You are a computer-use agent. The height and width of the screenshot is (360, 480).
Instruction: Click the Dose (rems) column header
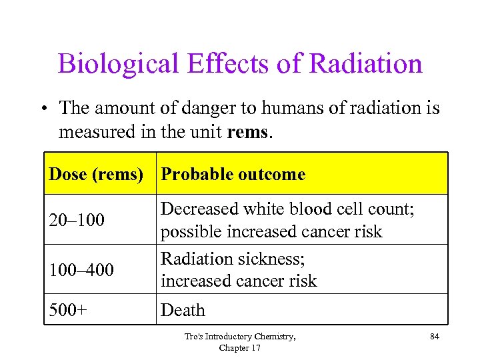(96, 175)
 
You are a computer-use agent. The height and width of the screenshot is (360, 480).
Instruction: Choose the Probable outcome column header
(233, 175)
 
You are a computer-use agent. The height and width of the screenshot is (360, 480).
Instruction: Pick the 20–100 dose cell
(77, 220)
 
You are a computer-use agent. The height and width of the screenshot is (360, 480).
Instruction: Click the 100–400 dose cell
(81, 270)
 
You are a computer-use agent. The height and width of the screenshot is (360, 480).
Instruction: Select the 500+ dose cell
(67, 310)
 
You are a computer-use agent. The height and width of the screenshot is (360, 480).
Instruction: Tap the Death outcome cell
(183, 310)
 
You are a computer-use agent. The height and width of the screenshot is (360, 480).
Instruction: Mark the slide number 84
(435, 337)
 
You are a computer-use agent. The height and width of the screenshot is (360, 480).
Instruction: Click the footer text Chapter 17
(240, 348)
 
